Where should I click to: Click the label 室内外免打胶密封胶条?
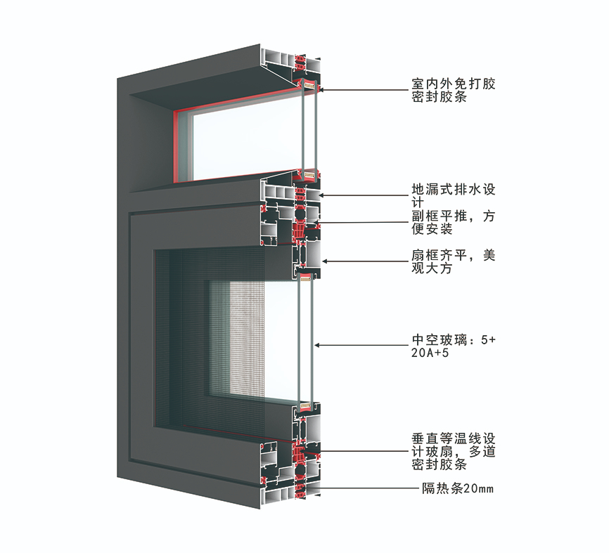[454, 90]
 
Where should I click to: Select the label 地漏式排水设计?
[454, 196]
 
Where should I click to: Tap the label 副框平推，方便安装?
[454, 222]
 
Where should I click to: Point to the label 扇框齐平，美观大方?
[454, 262]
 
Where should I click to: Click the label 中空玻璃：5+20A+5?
[454, 346]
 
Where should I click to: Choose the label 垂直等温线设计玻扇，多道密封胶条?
[454, 451]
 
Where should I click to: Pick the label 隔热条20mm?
[458, 488]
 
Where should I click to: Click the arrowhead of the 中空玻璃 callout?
[317, 345]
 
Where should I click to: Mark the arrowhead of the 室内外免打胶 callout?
[321, 90]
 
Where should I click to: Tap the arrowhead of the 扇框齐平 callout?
[325, 261]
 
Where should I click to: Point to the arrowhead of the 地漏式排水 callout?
[321, 195]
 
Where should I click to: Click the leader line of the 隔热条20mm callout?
[362, 488]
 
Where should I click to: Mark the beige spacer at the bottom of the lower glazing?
[305, 406]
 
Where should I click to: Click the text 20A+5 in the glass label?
[430, 353]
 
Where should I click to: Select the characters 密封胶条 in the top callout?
[440, 97]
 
